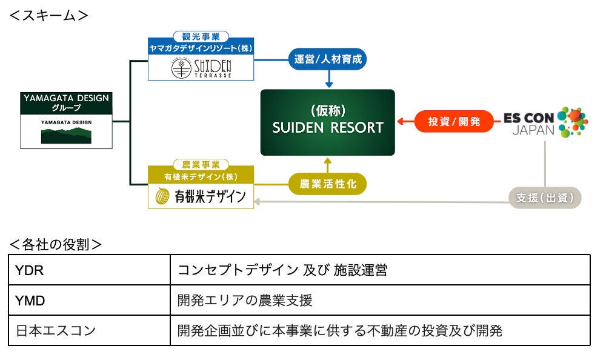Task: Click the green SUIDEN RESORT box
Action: (x=328, y=122)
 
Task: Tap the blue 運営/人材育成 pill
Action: (x=328, y=59)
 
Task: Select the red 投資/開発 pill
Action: (x=454, y=121)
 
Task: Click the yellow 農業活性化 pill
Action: (x=328, y=184)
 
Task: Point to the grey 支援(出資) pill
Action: (x=545, y=198)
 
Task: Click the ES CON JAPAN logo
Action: (x=546, y=122)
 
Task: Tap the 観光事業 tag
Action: (x=201, y=37)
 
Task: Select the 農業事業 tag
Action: (x=201, y=165)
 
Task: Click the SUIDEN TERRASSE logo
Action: (x=201, y=68)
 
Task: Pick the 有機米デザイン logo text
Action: (x=210, y=196)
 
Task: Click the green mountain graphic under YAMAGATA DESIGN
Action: (x=66, y=136)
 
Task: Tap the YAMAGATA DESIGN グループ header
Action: (x=66, y=103)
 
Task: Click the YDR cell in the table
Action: (x=89, y=270)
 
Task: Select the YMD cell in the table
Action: (x=89, y=300)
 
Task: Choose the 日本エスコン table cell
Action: (x=89, y=330)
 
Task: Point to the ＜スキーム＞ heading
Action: (x=48, y=16)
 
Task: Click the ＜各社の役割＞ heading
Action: (x=55, y=244)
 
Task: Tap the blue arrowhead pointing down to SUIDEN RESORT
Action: (x=329, y=84)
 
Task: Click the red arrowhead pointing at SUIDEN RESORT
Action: (x=401, y=121)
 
